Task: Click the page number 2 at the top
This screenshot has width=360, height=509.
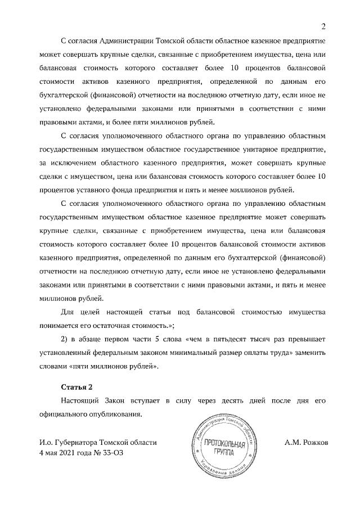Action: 323,26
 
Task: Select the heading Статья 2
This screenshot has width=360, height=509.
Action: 76,388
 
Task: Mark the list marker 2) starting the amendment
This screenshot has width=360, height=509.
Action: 64,340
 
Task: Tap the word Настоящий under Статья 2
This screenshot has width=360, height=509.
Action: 83,401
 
